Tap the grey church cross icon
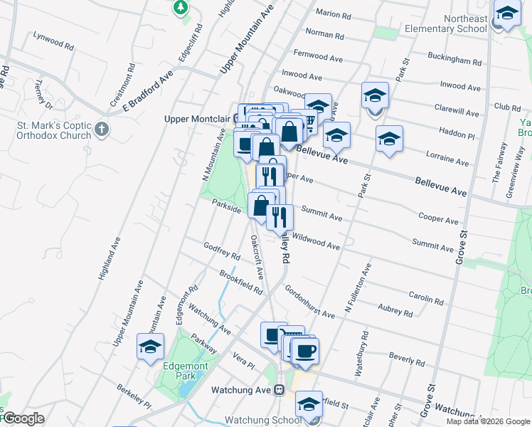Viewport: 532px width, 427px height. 102,130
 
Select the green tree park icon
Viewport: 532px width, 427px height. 181,8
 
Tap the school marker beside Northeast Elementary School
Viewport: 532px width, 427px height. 507,14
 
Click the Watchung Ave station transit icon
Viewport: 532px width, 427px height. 280,390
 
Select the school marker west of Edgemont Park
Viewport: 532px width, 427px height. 151,348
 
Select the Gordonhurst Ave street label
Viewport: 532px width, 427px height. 309,302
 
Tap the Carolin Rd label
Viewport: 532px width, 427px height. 427,295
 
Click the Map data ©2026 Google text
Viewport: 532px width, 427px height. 488,421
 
